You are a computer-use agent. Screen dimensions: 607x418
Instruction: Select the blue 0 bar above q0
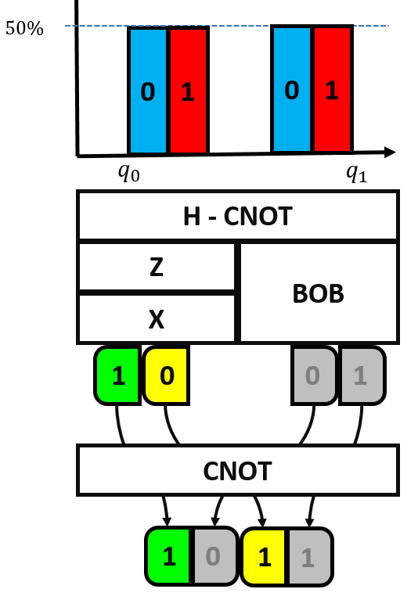(148, 90)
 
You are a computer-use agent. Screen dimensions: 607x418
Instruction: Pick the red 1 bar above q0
(188, 90)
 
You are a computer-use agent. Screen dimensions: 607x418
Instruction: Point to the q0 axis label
(129, 173)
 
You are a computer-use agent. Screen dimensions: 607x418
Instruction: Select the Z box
(156, 267)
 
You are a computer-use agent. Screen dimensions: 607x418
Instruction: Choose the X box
(156, 318)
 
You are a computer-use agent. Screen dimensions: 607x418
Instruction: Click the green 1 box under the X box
(118, 375)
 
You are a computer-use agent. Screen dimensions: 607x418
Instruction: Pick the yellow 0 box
(166, 375)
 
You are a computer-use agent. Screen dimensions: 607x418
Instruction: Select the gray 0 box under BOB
(313, 375)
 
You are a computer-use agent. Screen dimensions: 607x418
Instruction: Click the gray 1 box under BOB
(361, 375)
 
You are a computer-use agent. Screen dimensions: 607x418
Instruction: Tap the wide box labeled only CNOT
(236, 471)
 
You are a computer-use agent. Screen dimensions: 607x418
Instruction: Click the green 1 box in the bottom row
(168, 557)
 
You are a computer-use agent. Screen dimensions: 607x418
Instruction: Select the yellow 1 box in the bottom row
(265, 557)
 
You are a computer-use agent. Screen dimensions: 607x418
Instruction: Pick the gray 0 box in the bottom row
(214, 557)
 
